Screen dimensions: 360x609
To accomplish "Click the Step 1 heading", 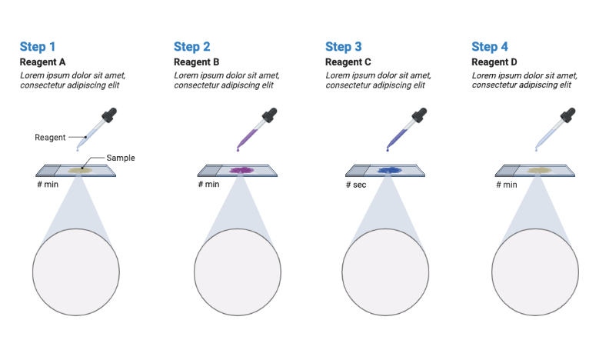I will pyautogui.click(x=37, y=47).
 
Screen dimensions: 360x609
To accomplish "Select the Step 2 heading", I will pyautogui.click(x=192, y=47).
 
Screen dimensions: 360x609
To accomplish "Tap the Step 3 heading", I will pyautogui.click(x=344, y=47).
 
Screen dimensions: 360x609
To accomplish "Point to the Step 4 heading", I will pyautogui.click(x=490, y=47).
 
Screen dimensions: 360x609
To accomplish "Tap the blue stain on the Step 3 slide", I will pyautogui.click(x=390, y=170).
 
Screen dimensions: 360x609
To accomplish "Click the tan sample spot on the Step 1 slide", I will pyautogui.click(x=80, y=170).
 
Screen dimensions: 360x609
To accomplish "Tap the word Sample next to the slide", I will pyautogui.click(x=121, y=158).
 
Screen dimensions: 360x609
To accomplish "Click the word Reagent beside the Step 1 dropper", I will pyautogui.click(x=50, y=138).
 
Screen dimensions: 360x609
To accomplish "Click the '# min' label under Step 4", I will pyautogui.click(x=505, y=185).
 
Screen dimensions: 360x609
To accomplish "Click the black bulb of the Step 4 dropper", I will pyautogui.click(x=567, y=116).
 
